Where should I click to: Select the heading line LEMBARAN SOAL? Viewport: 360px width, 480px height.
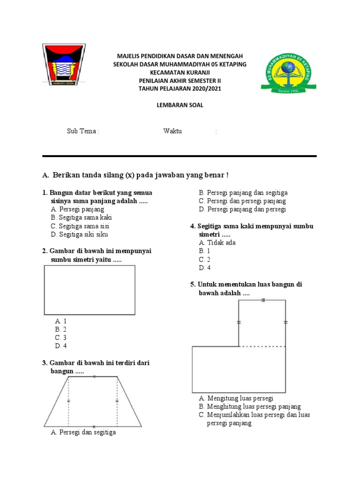[x=180, y=105]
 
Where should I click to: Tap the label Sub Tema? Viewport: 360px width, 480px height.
[x=83, y=131]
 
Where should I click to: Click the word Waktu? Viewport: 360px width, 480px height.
[x=172, y=131]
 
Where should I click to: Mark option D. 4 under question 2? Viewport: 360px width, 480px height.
[x=61, y=346]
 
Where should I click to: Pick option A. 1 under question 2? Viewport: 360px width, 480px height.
[x=61, y=321]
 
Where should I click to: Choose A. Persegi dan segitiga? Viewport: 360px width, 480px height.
[x=83, y=432]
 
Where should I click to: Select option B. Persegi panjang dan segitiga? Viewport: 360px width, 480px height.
[x=243, y=193]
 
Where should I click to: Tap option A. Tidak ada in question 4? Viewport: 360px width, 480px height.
[x=217, y=243]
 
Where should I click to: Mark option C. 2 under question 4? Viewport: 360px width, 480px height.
[x=204, y=260]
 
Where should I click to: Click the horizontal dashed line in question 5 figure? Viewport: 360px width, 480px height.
[x=262, y=347]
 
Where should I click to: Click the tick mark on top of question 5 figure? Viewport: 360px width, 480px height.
[x=263, y=300]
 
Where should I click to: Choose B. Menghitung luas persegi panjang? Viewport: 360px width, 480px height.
[x=249, y=406]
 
